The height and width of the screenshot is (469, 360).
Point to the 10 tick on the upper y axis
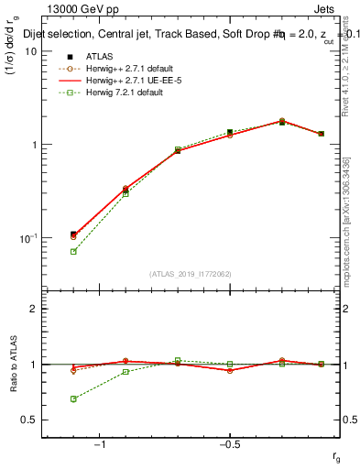[x=31, y=51]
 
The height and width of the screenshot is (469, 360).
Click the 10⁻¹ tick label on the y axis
[x=27, y=237]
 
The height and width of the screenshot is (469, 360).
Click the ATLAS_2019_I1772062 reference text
[x=191, y=274]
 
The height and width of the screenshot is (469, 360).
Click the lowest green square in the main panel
[x=73, y=251]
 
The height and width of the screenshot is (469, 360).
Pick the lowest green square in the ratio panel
[x=73, y=398]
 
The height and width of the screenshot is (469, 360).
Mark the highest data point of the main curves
[x=282, y=121]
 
